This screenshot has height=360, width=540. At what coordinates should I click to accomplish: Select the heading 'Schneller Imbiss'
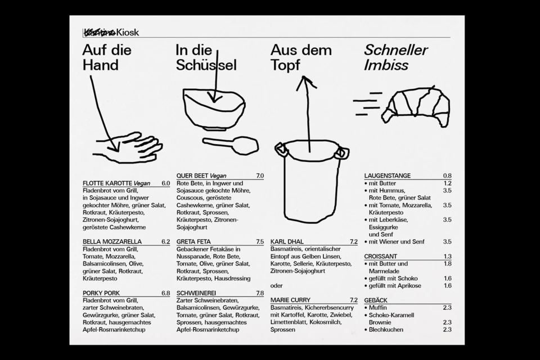point(395,57)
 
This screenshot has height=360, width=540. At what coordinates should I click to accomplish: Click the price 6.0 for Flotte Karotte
point(165,183)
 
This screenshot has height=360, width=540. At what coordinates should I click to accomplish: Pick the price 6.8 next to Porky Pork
point(165,293)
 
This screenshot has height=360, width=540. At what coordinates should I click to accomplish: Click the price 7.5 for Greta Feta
point(259,242)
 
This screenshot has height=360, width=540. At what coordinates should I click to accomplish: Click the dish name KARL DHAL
point(287,242)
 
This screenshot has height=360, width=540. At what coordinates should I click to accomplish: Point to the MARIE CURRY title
point(290,300)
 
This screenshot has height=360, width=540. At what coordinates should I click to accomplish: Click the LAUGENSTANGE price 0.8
point(447,176)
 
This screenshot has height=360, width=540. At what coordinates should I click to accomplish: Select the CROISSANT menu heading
point(381,256)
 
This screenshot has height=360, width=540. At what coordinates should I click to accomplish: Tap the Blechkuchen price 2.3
point(447,330)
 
